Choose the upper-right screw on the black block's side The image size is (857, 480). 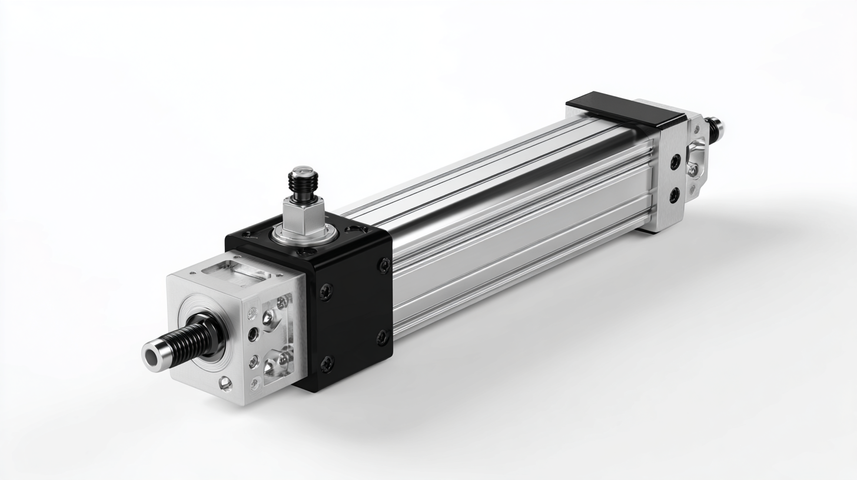point(384,265)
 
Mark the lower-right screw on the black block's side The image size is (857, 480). point(382,338)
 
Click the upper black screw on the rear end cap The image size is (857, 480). point(675,161)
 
